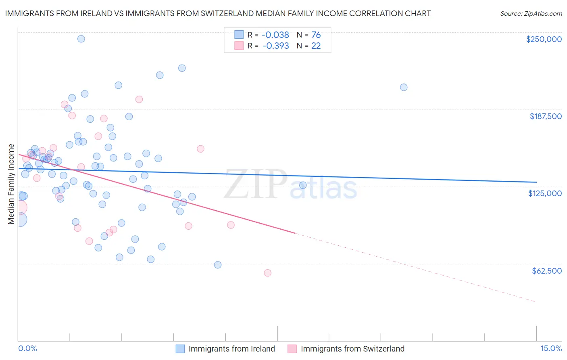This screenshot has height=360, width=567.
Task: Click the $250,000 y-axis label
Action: click(544, 39)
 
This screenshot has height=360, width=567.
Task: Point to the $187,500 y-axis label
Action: click(545, 116)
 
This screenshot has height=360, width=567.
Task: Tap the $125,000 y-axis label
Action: click(545, 193)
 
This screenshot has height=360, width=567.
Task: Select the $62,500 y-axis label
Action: click(546, 271)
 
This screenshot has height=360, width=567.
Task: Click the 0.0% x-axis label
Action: click(28, 349)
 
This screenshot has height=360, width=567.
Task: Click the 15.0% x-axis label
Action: click(551, 349)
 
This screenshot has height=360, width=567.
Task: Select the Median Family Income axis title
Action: click(11, 184)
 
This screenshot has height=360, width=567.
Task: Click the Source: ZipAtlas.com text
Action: click(531, 14)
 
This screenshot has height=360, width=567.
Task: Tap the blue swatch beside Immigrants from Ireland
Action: click(180, 349)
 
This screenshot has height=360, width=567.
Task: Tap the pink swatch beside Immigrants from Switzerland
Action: click(292, 349)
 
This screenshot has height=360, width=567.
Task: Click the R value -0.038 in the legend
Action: click(275, 35)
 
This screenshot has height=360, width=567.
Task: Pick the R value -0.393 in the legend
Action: click(275, 46)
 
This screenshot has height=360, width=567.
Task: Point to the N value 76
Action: click(316, 35)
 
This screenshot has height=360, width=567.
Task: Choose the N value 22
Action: click(316, 46)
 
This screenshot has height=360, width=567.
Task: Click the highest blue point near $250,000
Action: click(81, 39)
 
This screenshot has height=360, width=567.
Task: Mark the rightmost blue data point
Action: click(404, 87)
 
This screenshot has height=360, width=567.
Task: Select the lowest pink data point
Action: click(267, 273)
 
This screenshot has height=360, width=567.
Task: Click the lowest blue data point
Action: click(218, 265)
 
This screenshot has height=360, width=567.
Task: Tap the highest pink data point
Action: click(139, 99)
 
